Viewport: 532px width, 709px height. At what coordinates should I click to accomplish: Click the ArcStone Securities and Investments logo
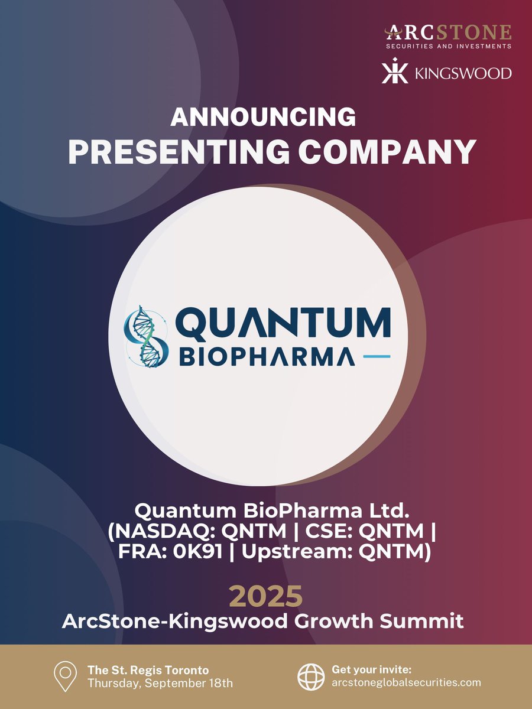pyautogui.click(x=448, y=37)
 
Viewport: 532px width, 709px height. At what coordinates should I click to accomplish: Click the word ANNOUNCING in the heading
pyautogui.click(x=263, y=118)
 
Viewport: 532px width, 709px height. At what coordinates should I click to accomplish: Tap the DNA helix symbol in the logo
pyautogui.click(x=142, y=336)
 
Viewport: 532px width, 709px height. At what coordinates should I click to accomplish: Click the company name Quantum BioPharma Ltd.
pyautogui.click(x=266, y=509)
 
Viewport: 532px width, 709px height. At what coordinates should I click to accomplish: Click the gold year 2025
pyautogui.click(x=265, y=597)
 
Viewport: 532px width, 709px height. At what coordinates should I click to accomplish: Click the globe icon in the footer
pyautogui.click(x=311, y=677)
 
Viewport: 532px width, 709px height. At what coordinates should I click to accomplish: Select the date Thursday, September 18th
pyautogui.click(x=160, y=683)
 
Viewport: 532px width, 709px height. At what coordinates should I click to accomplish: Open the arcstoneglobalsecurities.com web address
pyautogui.click(x=407, y=683)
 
